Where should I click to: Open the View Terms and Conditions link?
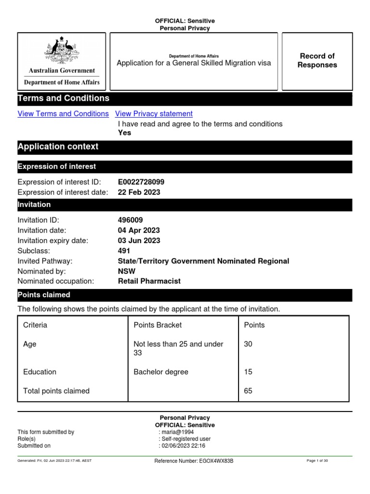(x=63, y=114)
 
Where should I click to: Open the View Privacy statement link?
(x=154, y=114)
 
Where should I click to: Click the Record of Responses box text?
(x=317, y=61)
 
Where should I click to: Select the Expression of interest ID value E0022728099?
(x=144, y=182)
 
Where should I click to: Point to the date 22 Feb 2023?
(x=139, y=192)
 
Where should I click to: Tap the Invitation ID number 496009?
(x=130, y=220)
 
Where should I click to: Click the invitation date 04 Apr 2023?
(x=139, y=230)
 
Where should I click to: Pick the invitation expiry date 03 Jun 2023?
(x=139, y=240)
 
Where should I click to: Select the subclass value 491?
(x=124, y=251)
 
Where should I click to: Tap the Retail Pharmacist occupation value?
(x=149, y=281)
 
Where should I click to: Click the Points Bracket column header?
(x=158, y=325)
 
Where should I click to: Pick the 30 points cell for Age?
(x=248, y=344)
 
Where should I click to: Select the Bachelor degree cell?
(x=161, y=372)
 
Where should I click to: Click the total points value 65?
(x=248, y=391)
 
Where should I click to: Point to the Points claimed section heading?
(x=44, y=295)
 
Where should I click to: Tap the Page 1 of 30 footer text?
(x=317, y=461)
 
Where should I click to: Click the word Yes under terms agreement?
(x=124, y=133)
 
